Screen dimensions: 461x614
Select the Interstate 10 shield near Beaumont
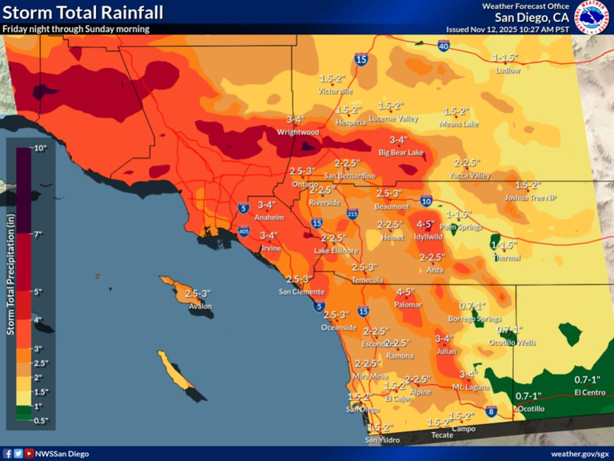(x=425, y=201)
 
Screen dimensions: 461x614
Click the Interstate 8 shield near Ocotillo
(x=491, y=411)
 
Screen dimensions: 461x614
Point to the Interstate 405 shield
(x=243, y=231)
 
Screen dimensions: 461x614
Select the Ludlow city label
(x=508, y=70)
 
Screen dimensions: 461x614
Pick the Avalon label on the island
(x=200, y=305)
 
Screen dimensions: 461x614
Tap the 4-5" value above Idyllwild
(x=425, y=224)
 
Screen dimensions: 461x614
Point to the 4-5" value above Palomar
(x=406, y=292)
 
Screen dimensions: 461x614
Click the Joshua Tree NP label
(x=530, y=197)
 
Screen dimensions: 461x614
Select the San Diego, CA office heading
(x=532, y=18)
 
